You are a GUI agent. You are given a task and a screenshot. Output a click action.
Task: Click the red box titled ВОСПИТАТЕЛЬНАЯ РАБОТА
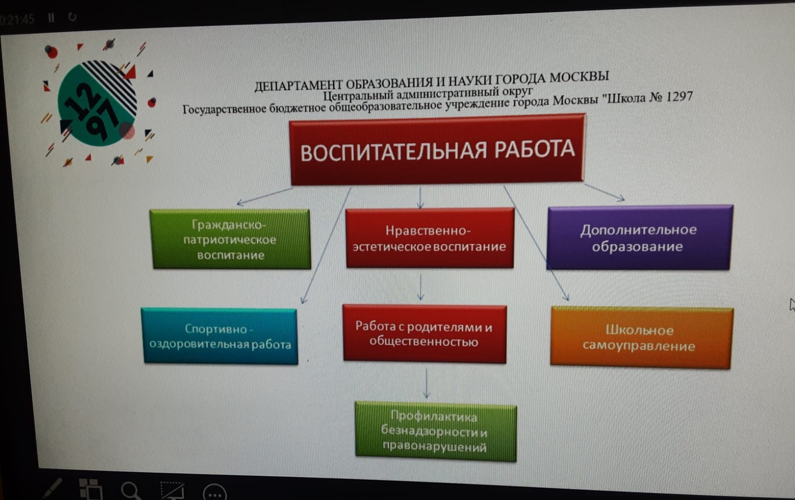click(x=437, y=149)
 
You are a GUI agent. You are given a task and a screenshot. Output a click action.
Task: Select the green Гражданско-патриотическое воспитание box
click(x=230, y=239)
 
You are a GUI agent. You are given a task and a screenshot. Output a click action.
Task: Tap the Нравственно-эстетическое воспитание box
click(x=430, y=238)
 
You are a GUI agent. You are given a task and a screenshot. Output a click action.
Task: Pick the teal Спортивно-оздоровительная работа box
click(x=220, y=336)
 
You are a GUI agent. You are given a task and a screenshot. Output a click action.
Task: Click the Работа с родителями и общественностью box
click(x=425, y=333)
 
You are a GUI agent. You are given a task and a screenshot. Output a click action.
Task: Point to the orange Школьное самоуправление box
click(x=642, y=338)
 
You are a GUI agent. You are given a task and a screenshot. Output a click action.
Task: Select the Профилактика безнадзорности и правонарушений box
click(x=435, y=431)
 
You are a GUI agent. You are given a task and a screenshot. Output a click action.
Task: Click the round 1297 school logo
click(x=97, y=103)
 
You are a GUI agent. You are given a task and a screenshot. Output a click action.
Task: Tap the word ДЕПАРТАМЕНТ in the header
click(x=299, y=85)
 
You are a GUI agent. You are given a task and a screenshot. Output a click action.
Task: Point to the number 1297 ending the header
click(x=679, y=96)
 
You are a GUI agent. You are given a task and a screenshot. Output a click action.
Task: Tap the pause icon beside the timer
click(x=51, y=17)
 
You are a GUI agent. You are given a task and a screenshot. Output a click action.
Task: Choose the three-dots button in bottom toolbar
click(x=215, y=493)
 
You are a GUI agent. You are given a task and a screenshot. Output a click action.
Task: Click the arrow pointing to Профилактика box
click(x=427, y=384)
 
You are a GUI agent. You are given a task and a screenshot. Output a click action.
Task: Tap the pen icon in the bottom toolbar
click(x=52, y=489)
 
